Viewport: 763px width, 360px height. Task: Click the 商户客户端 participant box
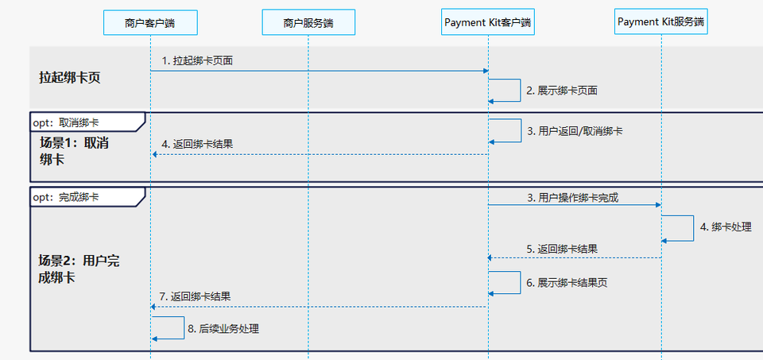coord(150,23)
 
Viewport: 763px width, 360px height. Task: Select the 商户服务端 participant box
coord(308,23)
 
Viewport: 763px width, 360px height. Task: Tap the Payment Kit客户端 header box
coord(488,23)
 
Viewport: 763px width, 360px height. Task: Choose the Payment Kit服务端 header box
coord(661,22)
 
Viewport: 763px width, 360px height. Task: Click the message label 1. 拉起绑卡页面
coord(197,60)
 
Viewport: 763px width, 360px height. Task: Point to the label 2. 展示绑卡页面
coord(561,91)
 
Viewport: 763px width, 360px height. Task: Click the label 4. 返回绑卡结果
coord(197,144)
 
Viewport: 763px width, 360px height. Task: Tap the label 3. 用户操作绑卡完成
coord(572,197)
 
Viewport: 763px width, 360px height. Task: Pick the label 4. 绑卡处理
coord(726,226)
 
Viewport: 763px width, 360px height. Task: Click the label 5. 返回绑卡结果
coord(562,249)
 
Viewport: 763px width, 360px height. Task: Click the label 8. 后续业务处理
coord(223,328)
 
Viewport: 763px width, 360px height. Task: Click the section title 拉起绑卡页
coord(70,78)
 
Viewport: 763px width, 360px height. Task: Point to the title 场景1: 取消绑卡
coord(75,151)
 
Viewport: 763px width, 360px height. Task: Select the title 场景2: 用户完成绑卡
coord(79,269)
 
